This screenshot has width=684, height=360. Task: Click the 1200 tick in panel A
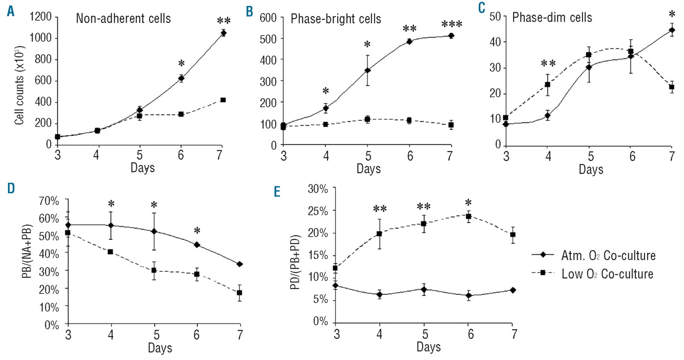pyautogui.click(x=41, y=17)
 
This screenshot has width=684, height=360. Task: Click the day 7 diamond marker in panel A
pyautogui.click(x=223, y=33)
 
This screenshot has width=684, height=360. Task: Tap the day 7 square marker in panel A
pyautogui.click(x=223, y=100)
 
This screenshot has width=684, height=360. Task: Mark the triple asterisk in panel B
pyautogui.click(x=452, y=25)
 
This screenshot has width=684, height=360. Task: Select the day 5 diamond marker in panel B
pyautogui.click(x=368, y=71)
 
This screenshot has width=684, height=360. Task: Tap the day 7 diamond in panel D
pyautogui.click(x=240, y=264)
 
